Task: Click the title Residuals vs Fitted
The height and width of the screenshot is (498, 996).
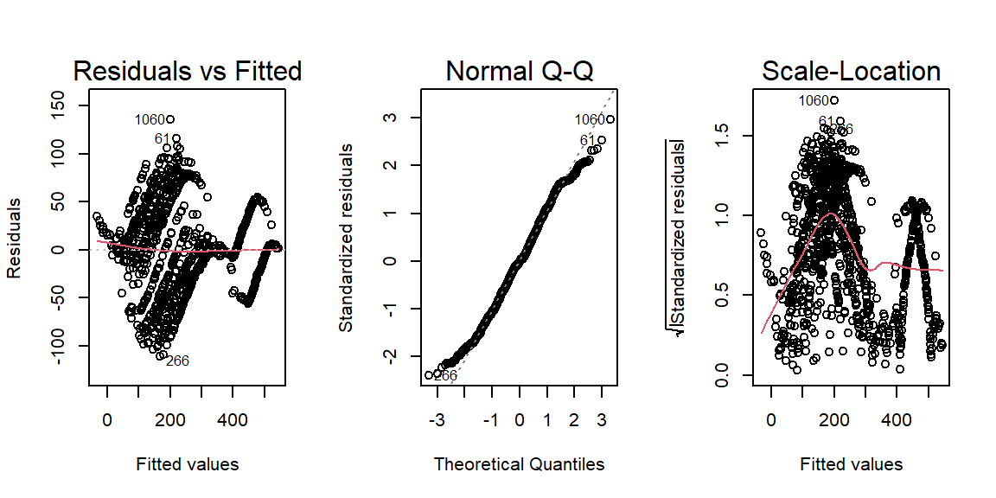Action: click(x=188, y=71)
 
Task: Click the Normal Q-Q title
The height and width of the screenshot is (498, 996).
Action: click(x=519, y=71)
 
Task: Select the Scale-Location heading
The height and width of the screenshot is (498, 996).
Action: click(x=851, y=71)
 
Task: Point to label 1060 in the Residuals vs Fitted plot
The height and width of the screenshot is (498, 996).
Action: click(x=149, y=119)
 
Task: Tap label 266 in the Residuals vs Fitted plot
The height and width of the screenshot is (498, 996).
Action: click(x=177, y=361)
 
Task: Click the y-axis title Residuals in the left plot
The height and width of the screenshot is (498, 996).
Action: click(x=16, y=249)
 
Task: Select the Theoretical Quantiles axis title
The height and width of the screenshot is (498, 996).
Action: click(x=519, y=464)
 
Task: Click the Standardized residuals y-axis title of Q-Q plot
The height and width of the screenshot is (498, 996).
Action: click(x=346, y=239)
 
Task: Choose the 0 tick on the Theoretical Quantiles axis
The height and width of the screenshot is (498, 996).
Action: click(x=519, y=419)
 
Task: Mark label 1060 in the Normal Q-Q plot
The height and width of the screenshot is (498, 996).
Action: click(x=590, y=120)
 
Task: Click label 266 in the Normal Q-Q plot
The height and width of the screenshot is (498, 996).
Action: click(x=445, y=375)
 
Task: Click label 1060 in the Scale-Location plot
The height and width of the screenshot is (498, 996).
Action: click(x=813, y=101)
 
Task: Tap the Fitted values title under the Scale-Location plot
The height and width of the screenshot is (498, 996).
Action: click(x=851, y=464)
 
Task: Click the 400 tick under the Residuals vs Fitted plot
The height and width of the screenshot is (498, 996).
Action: click(x=232, y=419)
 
